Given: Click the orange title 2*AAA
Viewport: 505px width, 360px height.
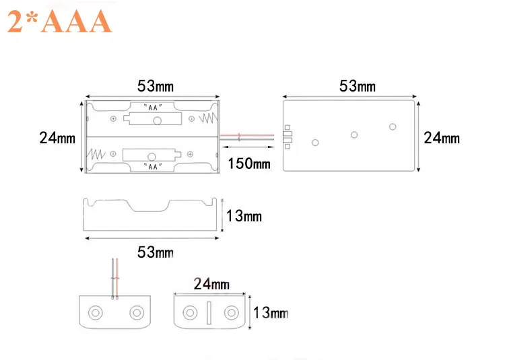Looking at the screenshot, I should tap(59, 22).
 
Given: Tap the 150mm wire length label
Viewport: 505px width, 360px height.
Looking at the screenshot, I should tap(248, 163).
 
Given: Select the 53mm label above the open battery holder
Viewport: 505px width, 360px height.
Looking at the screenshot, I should tap(155, 85).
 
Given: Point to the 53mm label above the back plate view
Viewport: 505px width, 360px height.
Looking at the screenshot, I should tap(358, 85).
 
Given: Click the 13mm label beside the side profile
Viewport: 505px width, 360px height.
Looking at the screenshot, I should tap(244, 216).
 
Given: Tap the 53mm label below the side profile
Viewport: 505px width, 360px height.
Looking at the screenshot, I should tap(155, 252).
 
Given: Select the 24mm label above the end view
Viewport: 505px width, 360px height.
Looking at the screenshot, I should tap(211, 283).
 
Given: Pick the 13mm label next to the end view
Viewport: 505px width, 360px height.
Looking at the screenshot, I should tap(270, 313).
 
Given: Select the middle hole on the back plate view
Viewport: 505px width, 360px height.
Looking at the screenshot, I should tap(354, 135).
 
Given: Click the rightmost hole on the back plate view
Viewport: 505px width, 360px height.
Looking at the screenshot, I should tap(393, 127).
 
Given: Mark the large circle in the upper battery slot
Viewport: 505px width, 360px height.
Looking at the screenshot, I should tap(158, 120).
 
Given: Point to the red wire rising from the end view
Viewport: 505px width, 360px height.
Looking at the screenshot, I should tap(116, 276).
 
